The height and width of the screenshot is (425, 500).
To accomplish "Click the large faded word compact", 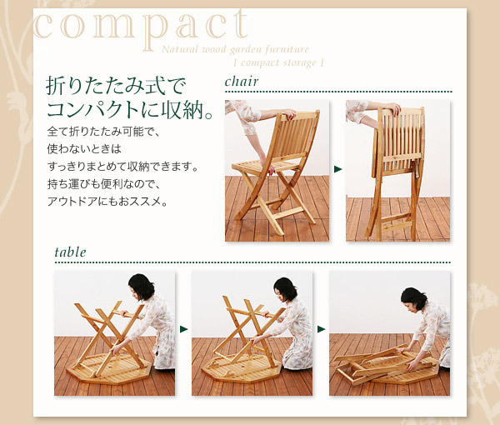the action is coord(140,28).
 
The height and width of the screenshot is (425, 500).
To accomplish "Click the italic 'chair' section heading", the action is coord(242,82).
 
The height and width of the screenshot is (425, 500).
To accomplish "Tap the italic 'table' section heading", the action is coord(70,252).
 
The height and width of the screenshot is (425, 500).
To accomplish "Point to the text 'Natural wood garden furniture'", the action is coord(235,49).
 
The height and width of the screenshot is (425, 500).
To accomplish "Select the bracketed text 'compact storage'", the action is coord(278,62).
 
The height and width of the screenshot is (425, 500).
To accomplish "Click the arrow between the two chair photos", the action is coord(337,169).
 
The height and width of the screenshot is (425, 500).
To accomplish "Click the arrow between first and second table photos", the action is coord(183,329).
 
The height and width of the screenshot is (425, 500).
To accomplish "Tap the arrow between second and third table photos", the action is coord(321,329).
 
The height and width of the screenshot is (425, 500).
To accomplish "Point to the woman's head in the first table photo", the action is coord(142,287).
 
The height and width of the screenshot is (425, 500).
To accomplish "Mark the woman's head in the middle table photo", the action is coord(286,289).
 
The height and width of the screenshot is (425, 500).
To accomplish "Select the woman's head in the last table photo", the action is coord(414,300).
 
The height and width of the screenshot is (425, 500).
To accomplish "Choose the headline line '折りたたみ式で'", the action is coord(116,86).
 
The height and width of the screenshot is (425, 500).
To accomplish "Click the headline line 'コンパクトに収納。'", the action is coord(129,110).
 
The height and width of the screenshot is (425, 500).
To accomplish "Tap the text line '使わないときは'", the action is coord(84,148).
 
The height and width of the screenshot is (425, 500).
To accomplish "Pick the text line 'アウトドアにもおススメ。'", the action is coord(107,201).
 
